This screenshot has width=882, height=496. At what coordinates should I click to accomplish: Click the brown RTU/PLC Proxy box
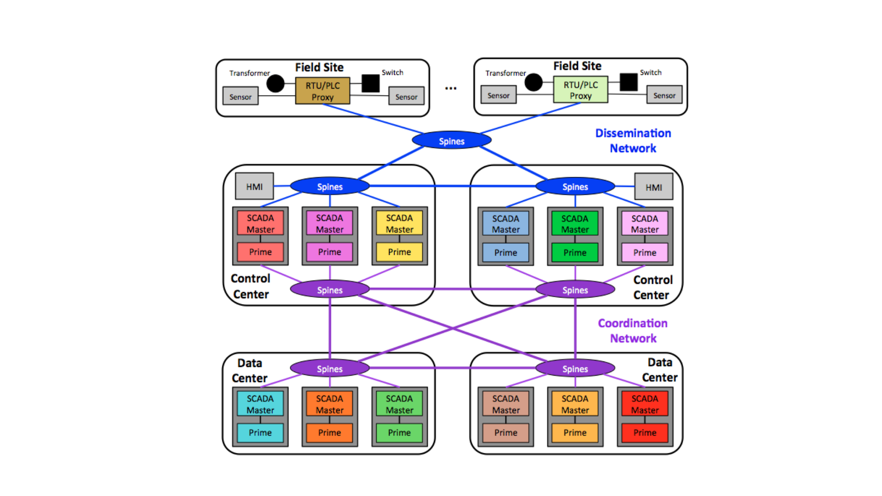(x=322, y=91)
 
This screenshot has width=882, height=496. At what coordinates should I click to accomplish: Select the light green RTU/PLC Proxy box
(x=581, y=90)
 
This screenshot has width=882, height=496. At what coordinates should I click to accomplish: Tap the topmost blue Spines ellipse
(x=452, y=141)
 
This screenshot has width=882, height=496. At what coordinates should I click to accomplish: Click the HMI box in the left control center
(x=254, y=186)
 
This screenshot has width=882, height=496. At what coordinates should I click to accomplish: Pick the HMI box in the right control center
(x=653, y=187)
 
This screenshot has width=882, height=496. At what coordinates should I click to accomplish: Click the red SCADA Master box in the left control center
(x=260, y=223)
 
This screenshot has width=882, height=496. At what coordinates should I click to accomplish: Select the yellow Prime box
(x=399, y=252)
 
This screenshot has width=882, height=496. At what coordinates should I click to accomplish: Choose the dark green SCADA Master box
(x=575, y=224)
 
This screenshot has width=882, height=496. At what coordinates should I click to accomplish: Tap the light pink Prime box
(x=645, y=253)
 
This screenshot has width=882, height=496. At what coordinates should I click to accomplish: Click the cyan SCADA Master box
(x=260, y=404)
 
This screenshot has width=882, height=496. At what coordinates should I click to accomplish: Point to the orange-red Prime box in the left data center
(x=329, y=433)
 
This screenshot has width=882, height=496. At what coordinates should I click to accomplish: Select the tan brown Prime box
(x=505, y=433)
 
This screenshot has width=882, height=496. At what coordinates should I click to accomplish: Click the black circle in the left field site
(x=276, y=84)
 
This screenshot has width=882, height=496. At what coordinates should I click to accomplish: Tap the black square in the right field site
(x=628, y=82)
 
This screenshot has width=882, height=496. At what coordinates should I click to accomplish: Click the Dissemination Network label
(x=633, y=141)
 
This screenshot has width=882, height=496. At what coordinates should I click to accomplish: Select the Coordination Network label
(x=633, y=331)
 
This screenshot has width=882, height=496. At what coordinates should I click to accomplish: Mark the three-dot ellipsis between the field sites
(x=451, y=88)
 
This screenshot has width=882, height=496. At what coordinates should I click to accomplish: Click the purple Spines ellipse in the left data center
(x=329, y=369)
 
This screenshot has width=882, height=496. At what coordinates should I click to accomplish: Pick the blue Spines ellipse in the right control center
(x=575, y=186)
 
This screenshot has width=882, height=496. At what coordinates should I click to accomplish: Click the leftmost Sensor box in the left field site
(x=240, y=96)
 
